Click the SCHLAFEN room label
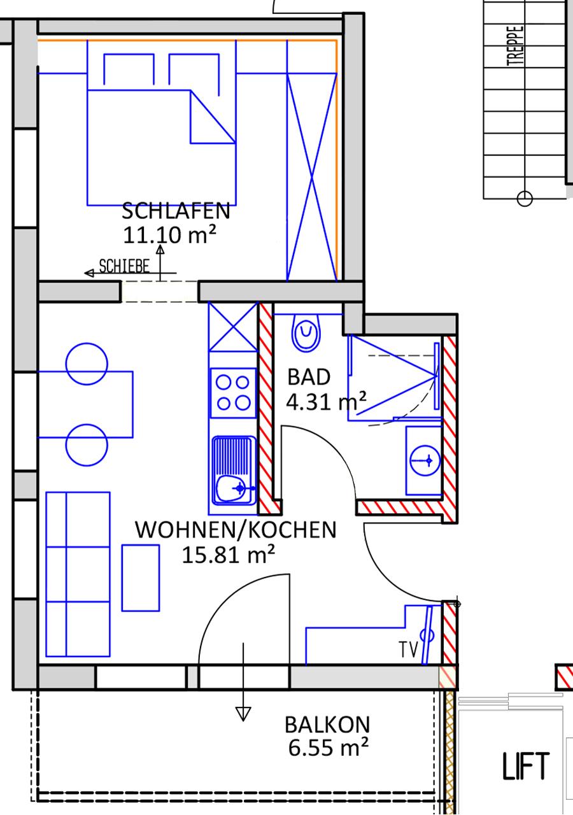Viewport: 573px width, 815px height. tap(176, 211)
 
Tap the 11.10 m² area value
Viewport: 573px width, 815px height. tap(169, 235)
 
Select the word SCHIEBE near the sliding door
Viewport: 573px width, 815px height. tap(124, 266)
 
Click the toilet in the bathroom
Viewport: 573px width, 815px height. tap(306, 332)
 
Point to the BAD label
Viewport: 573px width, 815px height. tap(309, 377)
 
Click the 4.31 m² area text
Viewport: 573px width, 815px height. tap(326, 401)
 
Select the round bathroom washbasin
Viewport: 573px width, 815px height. tap(425, 460)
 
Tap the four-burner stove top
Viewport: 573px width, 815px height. tap(233, 393)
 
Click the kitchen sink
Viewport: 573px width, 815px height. tap(234, 471)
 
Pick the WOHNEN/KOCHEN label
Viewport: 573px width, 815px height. tap(236, 530)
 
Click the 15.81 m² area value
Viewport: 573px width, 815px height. tap(228, 555)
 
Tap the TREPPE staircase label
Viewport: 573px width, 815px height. tap(516, 45)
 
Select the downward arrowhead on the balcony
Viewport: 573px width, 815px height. tap(243, 714)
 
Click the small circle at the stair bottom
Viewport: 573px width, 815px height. tap(525, 199)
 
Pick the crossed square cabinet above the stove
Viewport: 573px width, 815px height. tap(233, 327)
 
